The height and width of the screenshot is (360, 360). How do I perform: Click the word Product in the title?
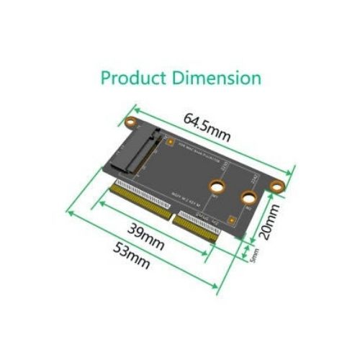pos(132,77)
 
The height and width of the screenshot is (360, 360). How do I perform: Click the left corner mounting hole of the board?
pos(130,122)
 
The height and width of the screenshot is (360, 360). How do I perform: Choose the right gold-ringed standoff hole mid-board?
pos(248,197)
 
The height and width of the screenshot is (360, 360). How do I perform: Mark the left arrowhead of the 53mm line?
pos(68,212)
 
